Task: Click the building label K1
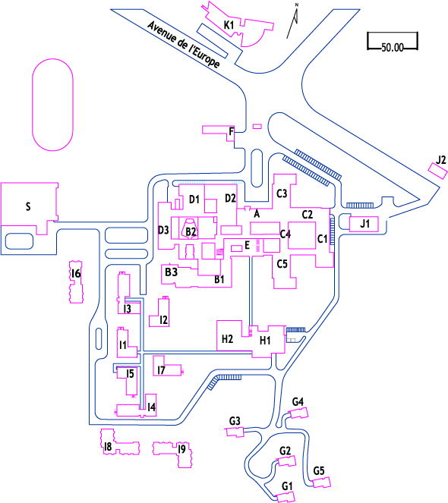pos(229,25)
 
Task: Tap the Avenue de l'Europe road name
pos(184,45)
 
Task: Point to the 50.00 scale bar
pos(393,42)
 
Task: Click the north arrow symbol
pos(293,20)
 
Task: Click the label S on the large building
pos(28,206)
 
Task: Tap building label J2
pos(441,160)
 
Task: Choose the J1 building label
pos(364,223)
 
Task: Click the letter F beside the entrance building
pos(232,131)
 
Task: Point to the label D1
pos(194,200)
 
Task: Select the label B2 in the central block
pos(191,231)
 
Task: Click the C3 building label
pos(282,193)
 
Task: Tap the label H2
pos(227,339)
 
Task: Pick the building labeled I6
pos(76,282)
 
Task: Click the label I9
pos(181,449)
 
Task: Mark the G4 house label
pos(298,401)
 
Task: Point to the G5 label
pos(319,471)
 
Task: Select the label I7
pos(161,370)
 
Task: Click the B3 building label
pos(171,272)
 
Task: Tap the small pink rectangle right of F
pos(257,127)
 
